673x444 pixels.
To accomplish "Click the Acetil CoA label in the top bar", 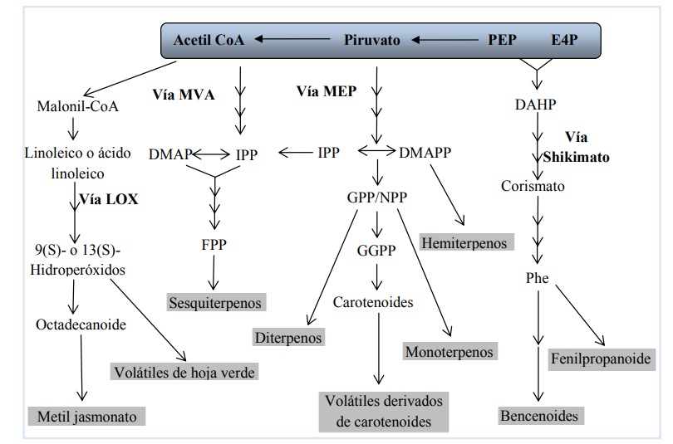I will (x=209, y=40).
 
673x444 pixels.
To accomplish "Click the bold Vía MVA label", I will (x=184, y=94).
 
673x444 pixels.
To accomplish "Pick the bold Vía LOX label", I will (x=109, y=199).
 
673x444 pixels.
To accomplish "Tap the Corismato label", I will (x=533, y=186).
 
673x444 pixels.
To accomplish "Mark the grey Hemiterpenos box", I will (x=469, y=242).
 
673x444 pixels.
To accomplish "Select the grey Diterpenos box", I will (x=288, y=337).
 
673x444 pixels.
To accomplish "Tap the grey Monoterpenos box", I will (x=449, y=351).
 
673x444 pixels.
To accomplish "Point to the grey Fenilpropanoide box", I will (x=600, y=359).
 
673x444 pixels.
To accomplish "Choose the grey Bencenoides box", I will (x=538, y=414).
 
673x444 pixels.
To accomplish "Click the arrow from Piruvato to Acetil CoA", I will (x=292, y=40).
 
